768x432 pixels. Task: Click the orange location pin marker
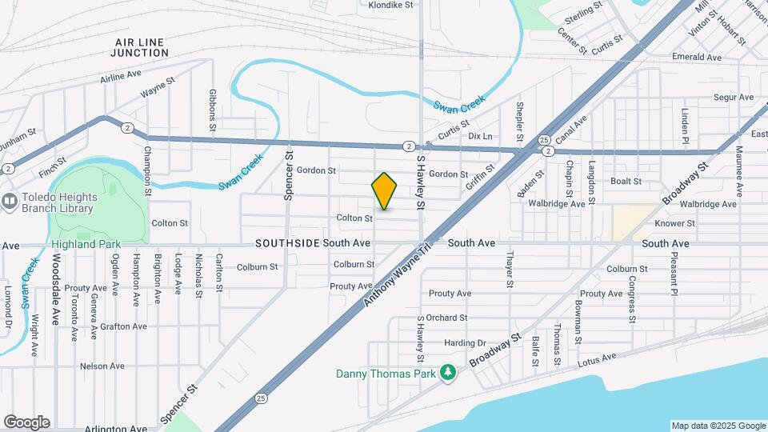tap(384, 190)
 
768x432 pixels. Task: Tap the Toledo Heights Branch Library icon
tap(10, 201)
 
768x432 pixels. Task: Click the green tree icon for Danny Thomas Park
tap(449, 373)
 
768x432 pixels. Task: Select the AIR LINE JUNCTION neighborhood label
tap(141, 47)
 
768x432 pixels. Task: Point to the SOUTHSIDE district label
tap(288, 242)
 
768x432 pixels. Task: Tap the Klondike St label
tap(390, 5)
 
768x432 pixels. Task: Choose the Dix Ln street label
tap(480, 136)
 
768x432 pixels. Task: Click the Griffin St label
tap(481, 180)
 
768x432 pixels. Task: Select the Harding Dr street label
tap(466, 343)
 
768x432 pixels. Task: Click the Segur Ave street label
tap(734, 98)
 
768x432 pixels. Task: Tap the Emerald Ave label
tap(697, 58)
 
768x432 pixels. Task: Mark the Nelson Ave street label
tap(102, 366)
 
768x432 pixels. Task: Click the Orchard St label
tap(446, 318)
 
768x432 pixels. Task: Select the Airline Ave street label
tap(121, 78)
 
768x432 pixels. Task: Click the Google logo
tap(26, 422)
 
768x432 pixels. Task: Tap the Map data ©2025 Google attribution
tap(718, 426)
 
